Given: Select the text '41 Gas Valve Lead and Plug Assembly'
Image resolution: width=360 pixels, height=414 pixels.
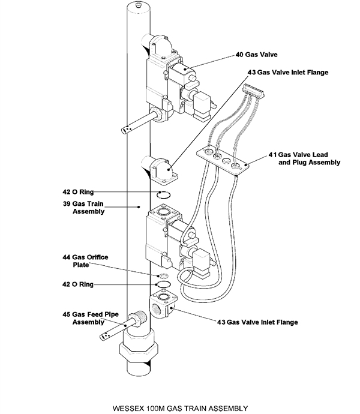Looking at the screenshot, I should [304, 158].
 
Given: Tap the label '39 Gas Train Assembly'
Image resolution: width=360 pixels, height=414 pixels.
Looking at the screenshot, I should [88, 207].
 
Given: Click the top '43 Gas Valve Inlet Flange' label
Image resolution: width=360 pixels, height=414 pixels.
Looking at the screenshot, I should [288, 71].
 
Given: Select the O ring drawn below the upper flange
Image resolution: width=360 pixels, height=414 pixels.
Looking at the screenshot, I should [164, 193].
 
